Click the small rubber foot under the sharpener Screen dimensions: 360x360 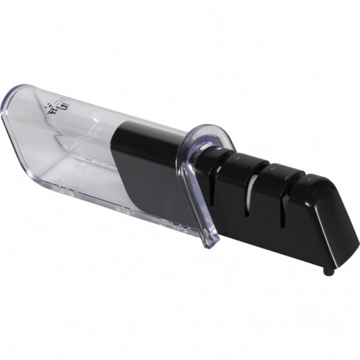click(328, 271)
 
